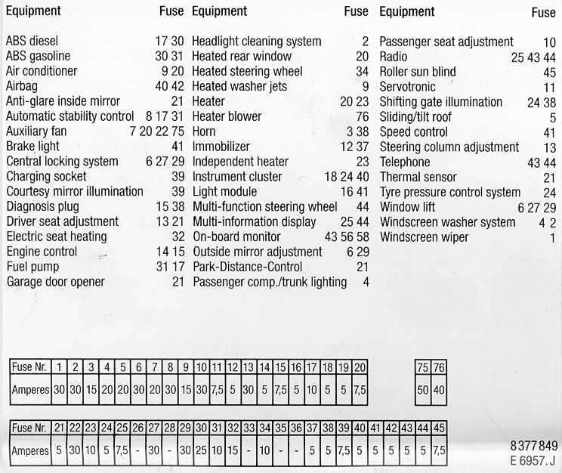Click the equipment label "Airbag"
coord(21,86)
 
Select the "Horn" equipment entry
coord(205,131)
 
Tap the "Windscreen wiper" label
coord(424,237)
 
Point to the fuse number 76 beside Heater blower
coord(362,116)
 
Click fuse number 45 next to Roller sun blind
coord(549,72)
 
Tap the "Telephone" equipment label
coord(405,162)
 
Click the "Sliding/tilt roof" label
coord(415,116)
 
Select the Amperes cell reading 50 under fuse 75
coord(422,391)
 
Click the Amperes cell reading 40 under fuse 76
coord(438,391)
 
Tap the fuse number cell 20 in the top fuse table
coord(360,367)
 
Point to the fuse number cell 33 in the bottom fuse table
coord(249,428)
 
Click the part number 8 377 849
coord(533,445)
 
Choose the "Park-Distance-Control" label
coord(247,267)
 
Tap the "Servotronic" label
coord(408,87)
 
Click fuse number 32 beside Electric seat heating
coord(178,236)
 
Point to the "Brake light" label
coord(32,147)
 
